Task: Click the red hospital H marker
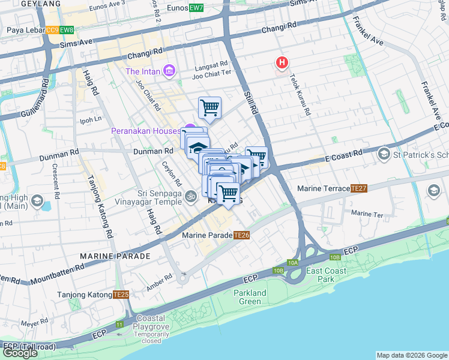coord(281,62)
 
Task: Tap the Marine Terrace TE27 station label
coord(332,188)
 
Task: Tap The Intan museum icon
coord(169,72)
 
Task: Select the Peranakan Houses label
coord(146,131)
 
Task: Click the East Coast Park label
coord(328,275)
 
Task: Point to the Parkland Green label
coord(250,297)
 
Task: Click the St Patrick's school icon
coord(383,155)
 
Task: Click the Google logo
coord(20,353)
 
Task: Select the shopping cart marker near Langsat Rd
coord(209,109)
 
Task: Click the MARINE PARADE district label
coord(115,256)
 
